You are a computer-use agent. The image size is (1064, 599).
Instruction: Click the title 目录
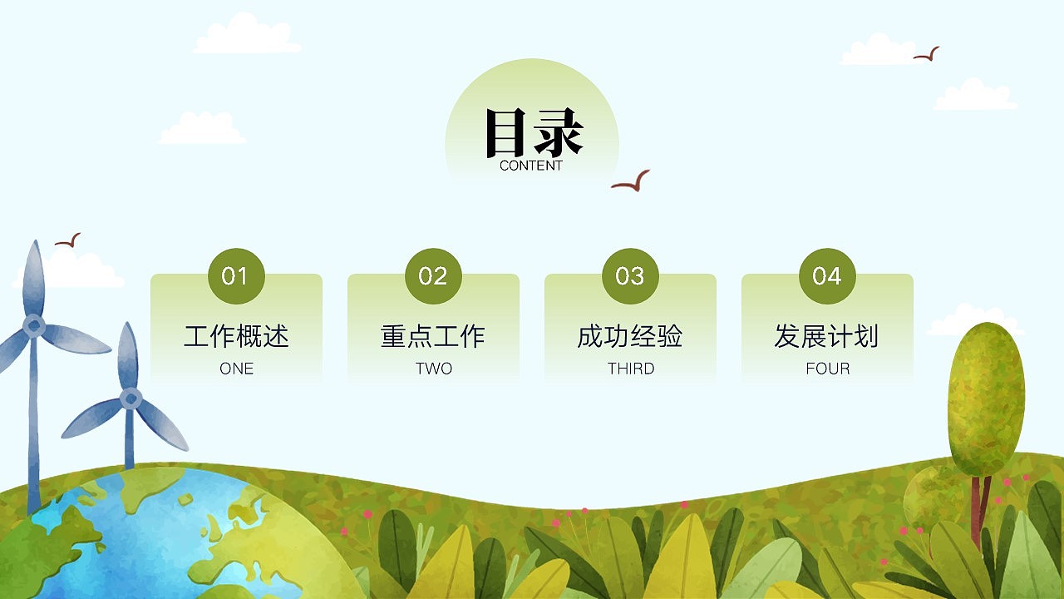point(533,132)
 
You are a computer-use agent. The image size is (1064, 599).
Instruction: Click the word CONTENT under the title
point(531,166)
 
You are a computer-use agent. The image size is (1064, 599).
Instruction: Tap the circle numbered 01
point(236,275)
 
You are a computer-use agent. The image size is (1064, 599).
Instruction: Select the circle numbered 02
point(433,275)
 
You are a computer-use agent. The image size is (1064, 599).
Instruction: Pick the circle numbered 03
point(630,275)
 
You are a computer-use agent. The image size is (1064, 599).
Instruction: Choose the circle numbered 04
point(827,275)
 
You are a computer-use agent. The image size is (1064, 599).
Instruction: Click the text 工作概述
point(236,336)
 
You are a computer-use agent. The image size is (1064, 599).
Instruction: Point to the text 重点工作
point(433,336)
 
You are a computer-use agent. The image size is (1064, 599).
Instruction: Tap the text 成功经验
point(630,336)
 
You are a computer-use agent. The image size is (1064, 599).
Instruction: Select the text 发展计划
point(827,336)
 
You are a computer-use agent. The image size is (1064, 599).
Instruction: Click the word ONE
point(236,369)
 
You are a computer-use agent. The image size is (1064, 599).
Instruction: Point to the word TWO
point(433,369)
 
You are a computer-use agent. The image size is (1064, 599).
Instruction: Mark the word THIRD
point(630,369)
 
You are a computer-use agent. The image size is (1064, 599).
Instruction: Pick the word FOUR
point(827,369)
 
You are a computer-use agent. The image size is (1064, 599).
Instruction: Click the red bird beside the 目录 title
point(631,182)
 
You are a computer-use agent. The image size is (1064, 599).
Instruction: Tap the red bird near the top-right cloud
point(927,55)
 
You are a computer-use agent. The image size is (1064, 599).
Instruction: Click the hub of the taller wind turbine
point(34,325)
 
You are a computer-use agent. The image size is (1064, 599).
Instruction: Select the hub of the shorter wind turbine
point(130,399)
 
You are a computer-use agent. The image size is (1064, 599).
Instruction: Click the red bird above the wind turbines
point(68,241)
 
